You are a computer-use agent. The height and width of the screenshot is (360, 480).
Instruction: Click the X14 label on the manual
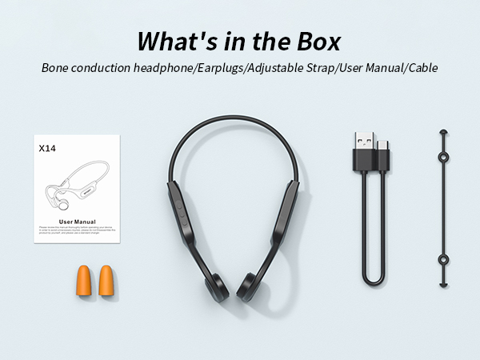pos(47,148)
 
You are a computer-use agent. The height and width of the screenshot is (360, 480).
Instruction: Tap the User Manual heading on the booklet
pos(78,221)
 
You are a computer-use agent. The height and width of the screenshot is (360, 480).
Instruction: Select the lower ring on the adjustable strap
pos(442,259)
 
